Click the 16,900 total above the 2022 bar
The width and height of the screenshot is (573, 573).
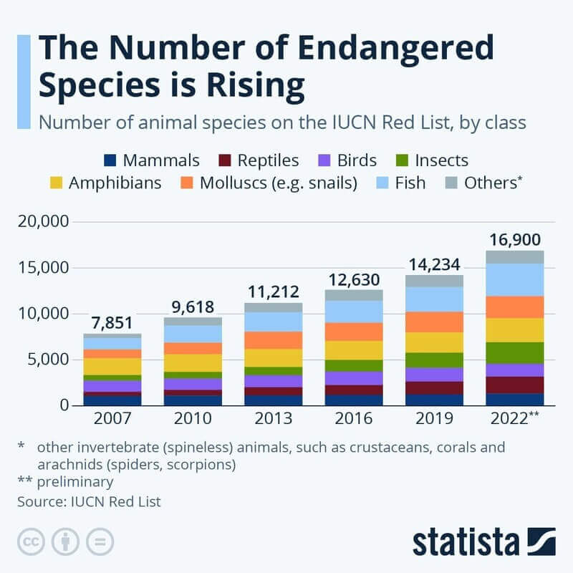pos(516,239)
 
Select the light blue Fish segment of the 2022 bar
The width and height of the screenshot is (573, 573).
pos(516,279)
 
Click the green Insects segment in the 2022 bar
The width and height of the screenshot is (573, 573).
pos(516,352)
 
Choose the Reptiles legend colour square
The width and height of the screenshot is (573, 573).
pos(223,160)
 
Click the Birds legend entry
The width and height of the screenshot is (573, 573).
pos(344,160)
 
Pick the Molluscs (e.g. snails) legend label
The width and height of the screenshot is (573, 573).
pos(279,183)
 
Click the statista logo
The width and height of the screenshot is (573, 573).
pos(483,541)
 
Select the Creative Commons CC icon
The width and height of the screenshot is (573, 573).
pos(30,541)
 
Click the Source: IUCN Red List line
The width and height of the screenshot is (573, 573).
pos(89,501)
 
